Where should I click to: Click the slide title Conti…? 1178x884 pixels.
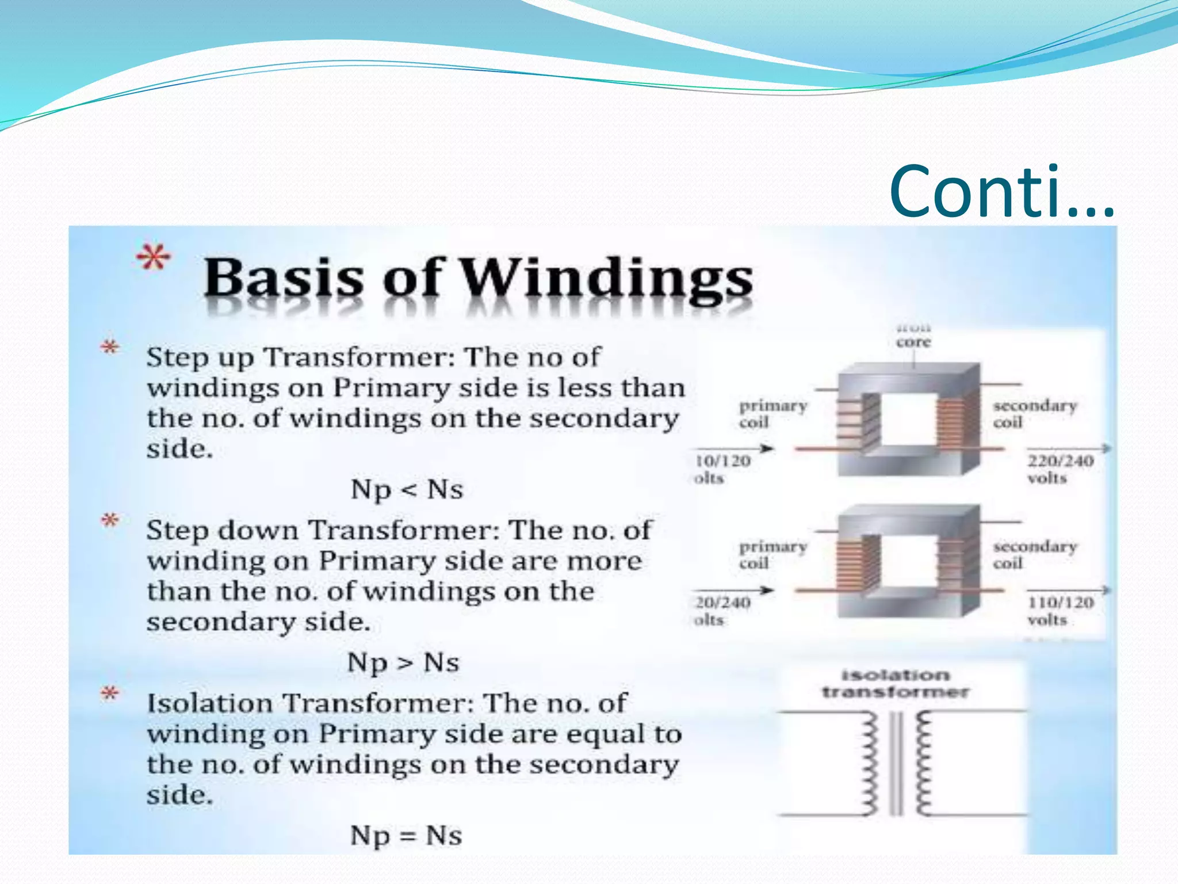[1001, 192]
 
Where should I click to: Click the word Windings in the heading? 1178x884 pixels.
[607, 279]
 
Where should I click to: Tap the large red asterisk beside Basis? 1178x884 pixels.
[154, 257]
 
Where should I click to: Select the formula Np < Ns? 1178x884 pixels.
[407, 490]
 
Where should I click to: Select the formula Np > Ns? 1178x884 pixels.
[403, 662]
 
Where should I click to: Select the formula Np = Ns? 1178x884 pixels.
[406, 835]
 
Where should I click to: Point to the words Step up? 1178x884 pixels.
[200, 357]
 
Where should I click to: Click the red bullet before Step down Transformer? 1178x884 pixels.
[110, 521]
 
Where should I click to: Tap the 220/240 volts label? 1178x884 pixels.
[1060, 469]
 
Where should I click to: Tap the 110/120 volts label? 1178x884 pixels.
[1060, 611]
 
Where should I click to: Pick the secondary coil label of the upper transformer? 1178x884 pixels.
[1034, 413]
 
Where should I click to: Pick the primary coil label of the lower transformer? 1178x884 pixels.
[772, 554]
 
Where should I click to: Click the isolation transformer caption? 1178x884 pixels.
[895, 683]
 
